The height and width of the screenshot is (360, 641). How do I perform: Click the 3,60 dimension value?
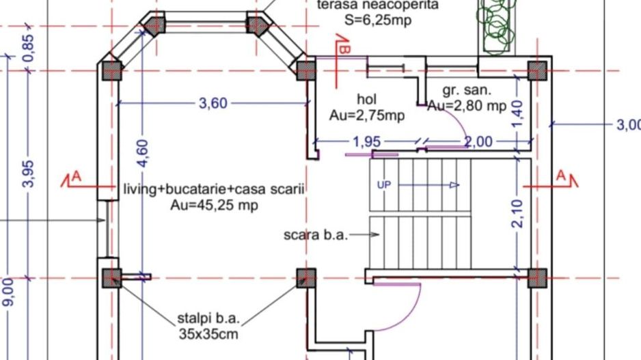click(x=213, y=104)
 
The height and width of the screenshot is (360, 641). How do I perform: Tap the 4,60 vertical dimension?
click(x=143, y=153)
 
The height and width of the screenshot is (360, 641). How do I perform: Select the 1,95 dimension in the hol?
click(x=367, y=142)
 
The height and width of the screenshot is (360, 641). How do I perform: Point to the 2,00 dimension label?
click(x=478, y=142)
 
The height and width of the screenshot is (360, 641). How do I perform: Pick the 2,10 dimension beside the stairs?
click(x=517, y=214)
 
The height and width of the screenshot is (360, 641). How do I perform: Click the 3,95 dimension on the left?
click(x=28, y=173)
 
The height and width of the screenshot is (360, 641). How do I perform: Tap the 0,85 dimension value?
click(x=28, y=48)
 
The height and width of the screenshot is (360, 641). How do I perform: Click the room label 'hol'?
click(x=367, y=100)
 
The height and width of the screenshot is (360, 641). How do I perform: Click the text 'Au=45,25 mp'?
click(x=214, y=205)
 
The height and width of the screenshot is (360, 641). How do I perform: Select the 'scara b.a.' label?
click(x=316, y=235)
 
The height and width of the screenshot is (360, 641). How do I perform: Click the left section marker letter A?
click(x=77, y=177)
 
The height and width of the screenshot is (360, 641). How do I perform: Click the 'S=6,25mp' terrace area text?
click(x=378, y=20)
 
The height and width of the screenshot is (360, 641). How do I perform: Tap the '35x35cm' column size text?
click(x=209, y=335)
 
